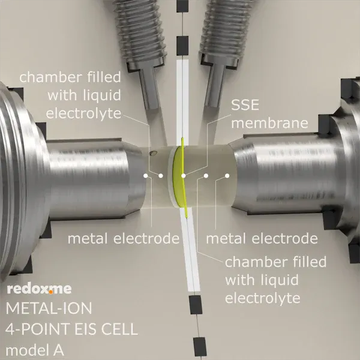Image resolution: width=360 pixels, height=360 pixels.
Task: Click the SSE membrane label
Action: coord(269,114)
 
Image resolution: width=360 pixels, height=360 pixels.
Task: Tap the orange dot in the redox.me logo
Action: coord(51,292)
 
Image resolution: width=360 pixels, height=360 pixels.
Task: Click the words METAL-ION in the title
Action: coord(49,308)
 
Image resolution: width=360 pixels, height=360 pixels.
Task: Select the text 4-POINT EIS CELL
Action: coord(71,329)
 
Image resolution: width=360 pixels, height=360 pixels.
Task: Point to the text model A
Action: coord(35,350)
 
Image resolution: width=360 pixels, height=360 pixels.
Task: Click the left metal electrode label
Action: coord(124,239)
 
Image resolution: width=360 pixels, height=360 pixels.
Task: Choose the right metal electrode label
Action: coord(262,239)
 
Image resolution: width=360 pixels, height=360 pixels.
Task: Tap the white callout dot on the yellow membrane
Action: coord(183,176)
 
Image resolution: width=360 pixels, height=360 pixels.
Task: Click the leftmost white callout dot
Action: coord(146,176)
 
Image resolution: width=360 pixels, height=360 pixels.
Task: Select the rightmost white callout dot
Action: coord(227,176)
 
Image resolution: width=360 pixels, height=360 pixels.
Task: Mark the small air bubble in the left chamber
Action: coord(152,152)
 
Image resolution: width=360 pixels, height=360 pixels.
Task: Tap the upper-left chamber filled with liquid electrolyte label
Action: coord(70,95)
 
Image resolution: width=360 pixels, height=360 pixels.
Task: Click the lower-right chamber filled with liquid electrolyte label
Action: coord(275,280)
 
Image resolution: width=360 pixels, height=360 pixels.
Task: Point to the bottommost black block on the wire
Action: coord(200,346)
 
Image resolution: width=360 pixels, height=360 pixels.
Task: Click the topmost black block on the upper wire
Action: coord(182,6)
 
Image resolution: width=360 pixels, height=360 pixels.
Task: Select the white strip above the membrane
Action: coord(182,102)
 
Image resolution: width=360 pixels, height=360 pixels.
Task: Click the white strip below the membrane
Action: coord(190,249)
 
